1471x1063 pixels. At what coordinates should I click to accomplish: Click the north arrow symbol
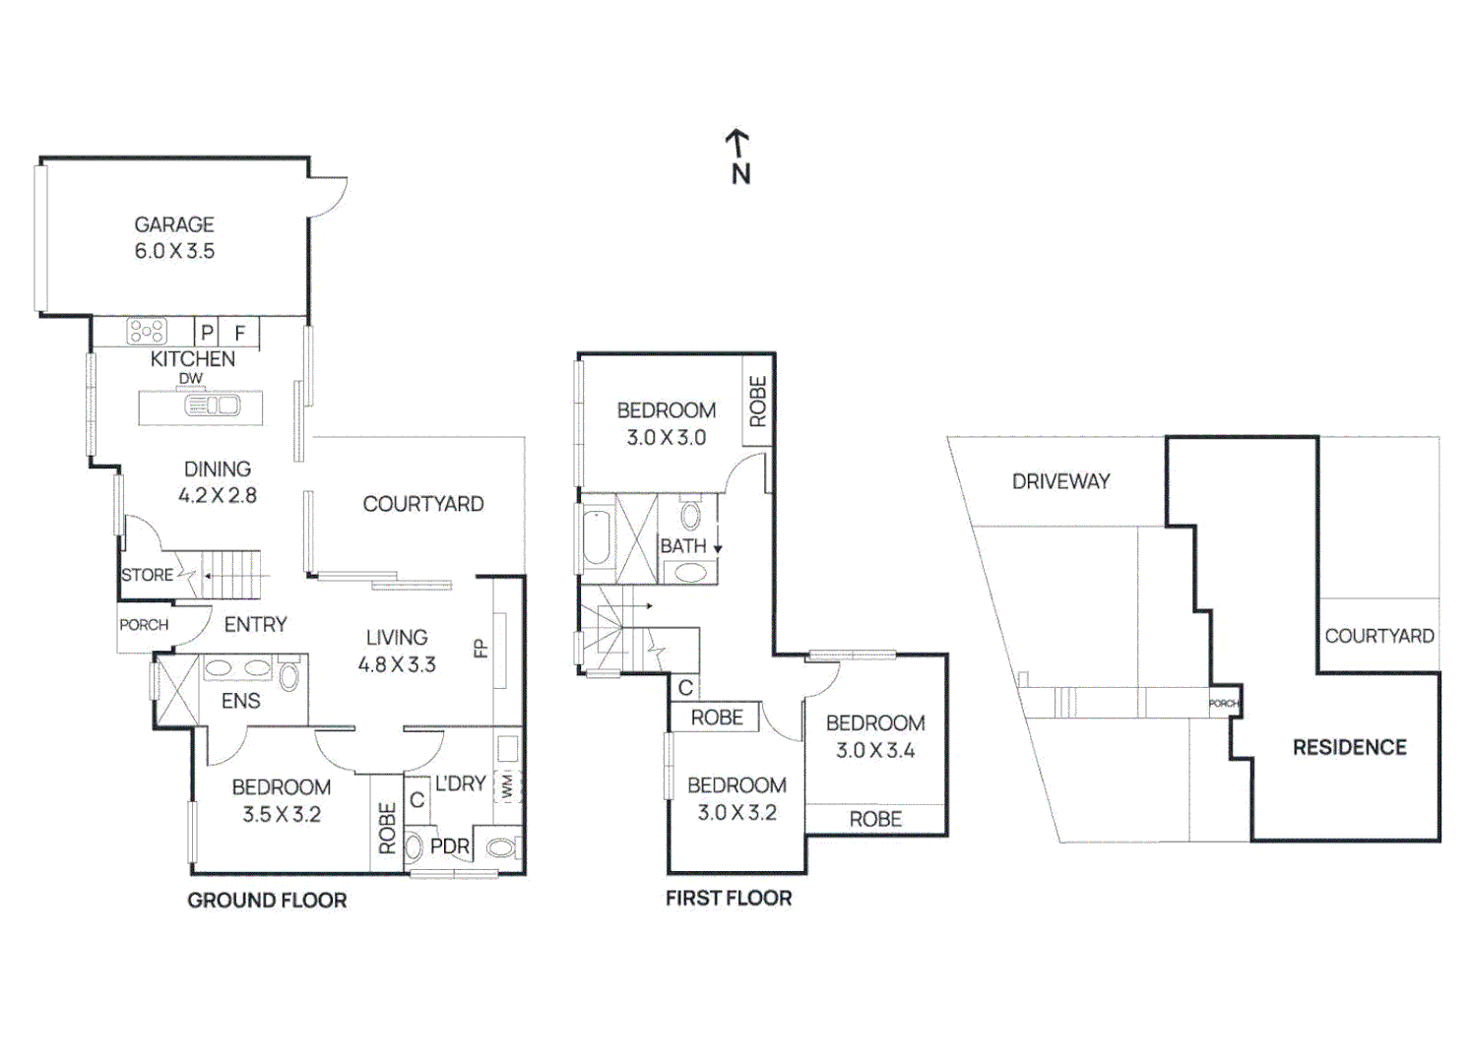coord(739,156)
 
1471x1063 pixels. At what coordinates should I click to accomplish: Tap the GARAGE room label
coord(174,224)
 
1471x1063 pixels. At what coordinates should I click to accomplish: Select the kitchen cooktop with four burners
coord(147,332)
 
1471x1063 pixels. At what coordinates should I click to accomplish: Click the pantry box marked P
coord(206,333)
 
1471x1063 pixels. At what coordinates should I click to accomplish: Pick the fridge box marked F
coord(239,333)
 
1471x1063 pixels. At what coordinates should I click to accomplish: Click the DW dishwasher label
coord(190,378)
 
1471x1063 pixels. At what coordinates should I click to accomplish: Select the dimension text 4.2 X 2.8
coord(218,495)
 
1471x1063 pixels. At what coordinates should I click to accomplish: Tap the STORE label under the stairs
coord(147,575)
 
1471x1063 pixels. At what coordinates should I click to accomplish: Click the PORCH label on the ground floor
coord(144,625)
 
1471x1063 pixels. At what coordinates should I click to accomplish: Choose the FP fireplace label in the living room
coord(480,648)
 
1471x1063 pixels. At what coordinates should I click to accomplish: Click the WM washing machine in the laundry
coord(508,786)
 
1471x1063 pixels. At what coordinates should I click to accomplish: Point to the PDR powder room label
coord(450,846)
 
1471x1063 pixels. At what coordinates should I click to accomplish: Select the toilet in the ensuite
coord(288,676)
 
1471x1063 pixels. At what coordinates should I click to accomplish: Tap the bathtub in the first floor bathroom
coord(597,537)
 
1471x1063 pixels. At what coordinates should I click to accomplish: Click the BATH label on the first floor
coord(683,545)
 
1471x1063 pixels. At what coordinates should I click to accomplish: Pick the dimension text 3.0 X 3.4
coord(875,750)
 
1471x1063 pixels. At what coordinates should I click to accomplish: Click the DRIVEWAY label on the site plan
coord(1060,482)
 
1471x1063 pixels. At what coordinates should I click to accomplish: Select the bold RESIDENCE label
coord(1350,747)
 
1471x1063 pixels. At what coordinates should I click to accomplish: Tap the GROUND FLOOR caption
coord(267,901)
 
